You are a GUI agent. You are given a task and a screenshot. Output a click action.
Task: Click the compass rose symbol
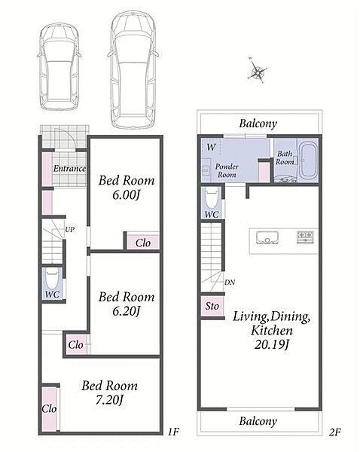pyautogui.click(x=257, y=71)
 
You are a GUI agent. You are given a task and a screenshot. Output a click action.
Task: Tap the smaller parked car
pyautogui.click(x=59, y=67)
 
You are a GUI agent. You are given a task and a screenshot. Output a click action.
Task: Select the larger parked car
pyautogui.click(x=133, y=70)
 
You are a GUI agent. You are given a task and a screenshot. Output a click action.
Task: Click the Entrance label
pyautogui.click(x=69, y=169)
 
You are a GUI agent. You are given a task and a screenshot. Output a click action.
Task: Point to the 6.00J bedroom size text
pyautogui.click(x=126, y=195)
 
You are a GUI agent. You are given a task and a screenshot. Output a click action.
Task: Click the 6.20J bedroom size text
pyautogui.click(x=126, y=311)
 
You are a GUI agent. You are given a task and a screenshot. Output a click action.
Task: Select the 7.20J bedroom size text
pyautogui.click(x=109, y=400)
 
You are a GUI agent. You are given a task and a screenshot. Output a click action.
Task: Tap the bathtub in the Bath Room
pyautogui.click(x=307, y=160)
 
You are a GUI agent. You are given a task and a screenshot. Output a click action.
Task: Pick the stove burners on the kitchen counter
pyautogui.click(x=305, y=237)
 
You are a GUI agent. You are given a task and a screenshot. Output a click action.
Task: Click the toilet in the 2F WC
pyautogui.click(x=212, y=197)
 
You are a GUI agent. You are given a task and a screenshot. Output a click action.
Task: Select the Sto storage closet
pyautogui.click(x=212, y=306)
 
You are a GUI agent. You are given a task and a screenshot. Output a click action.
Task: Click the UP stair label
pyautogui.click(x=69, y=230)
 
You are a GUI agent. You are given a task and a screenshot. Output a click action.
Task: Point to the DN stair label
pyautogui.click(x=230, y=282)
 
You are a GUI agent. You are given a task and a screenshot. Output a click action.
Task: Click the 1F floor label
pyautogui.click(x=173, y=432)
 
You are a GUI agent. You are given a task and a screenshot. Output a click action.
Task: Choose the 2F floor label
pyautogui.click(x=334, y=432)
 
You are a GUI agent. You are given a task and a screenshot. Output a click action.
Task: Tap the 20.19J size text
pyautogui.click(x=271, y=344)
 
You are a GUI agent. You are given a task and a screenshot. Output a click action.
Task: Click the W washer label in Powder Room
pyautogui.click(x=212, y=147)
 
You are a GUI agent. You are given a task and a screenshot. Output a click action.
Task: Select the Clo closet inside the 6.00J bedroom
pyautogui.click(x=143, y=243)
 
